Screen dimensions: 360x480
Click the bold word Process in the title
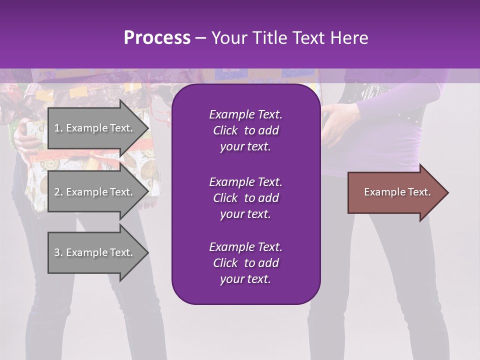tap(157, 37)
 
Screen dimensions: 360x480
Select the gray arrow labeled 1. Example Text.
tap(95, 128)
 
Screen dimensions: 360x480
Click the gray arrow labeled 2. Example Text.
tap(95, 192)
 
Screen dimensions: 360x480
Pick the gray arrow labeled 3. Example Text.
tap(95, 252)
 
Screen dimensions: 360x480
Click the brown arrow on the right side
tap(395, 192)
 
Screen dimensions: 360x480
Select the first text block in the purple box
tap(245, 130)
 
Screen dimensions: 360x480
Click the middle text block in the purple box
tap(245, 198)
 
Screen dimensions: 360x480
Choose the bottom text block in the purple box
tap(245, 263)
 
